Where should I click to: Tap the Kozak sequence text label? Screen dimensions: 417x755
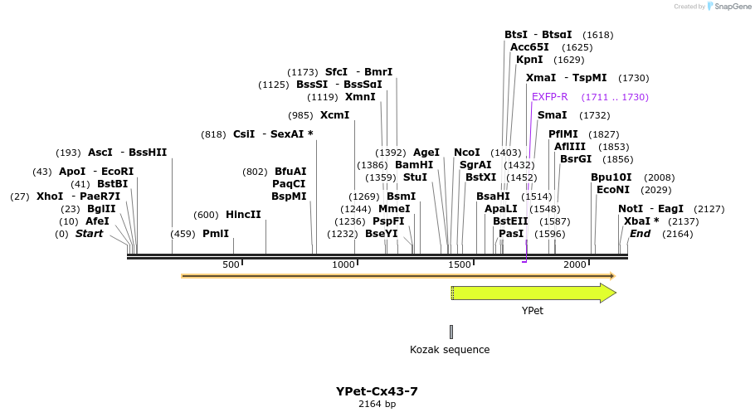tap(450, 350)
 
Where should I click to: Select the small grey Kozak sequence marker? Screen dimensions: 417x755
tap(451, 332)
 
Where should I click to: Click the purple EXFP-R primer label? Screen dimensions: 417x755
tap(549, 97)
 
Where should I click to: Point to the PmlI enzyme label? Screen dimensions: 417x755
tap(216, 234)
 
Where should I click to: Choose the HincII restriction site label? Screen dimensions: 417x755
tap(243, 215)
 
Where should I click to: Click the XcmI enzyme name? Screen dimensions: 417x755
tap(334, 115)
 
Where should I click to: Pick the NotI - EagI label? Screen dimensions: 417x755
tap(650, 209)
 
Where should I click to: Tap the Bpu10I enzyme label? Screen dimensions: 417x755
tap(611, 177)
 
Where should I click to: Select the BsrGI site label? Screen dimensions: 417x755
tap(576, 159)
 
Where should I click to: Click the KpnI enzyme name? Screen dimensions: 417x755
tap(529, 60)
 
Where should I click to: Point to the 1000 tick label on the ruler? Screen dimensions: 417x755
tap(343, 264)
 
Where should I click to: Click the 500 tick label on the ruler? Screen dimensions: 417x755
tap(231, 264)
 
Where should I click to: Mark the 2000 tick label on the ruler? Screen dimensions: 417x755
tap(575, 264)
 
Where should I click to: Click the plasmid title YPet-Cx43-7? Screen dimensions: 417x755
tap(377, 390)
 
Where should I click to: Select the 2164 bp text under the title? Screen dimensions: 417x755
tap(377, 404)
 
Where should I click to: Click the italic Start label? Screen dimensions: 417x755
tap(90, 234)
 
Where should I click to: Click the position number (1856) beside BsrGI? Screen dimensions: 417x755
tap(617, 159)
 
